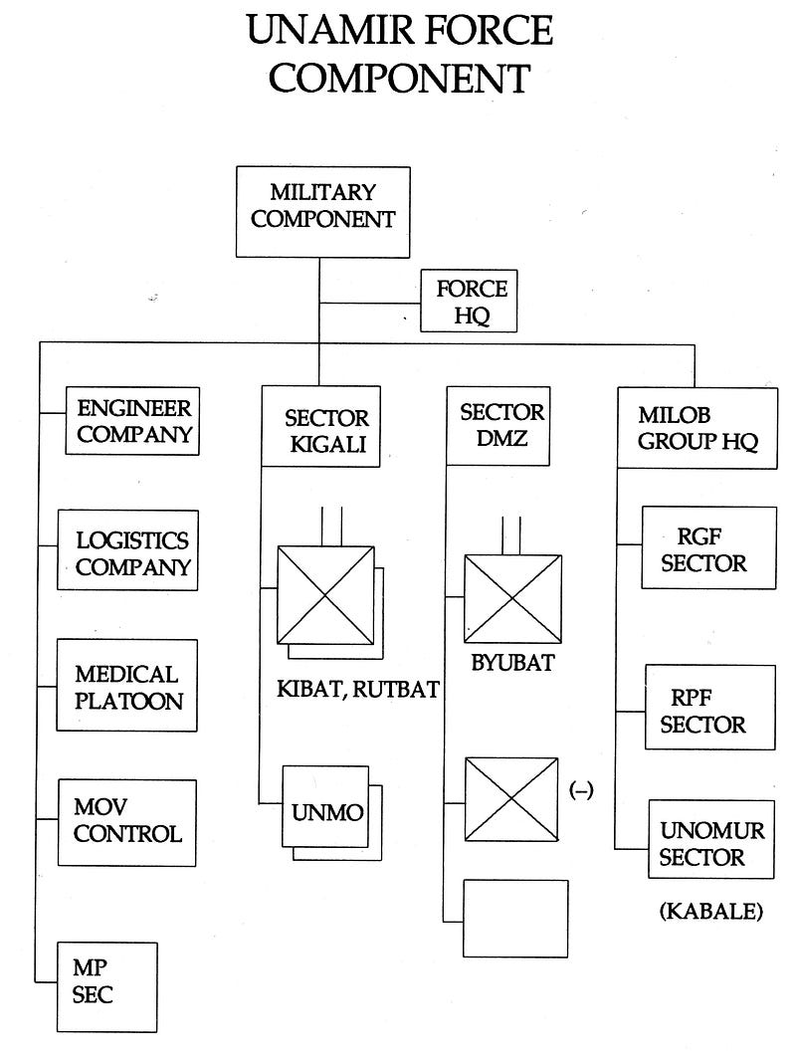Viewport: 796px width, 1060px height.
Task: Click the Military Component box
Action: point(323,212)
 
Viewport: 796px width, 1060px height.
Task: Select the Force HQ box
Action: point(469,301)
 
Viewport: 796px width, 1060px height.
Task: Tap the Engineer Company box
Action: point(132,420)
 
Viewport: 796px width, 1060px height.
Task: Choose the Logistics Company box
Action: point(127,550)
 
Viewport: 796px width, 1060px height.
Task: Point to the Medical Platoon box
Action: point(127,686)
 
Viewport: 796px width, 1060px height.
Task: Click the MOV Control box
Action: point(127,823)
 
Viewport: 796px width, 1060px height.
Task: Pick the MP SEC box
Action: point(106,987)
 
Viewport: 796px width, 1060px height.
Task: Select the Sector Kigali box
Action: point(321,427)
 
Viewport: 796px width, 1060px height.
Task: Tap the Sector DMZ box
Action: point(498,426)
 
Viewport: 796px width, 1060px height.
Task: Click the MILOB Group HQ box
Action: point(697,428)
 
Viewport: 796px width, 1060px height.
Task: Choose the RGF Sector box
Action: point(708,547)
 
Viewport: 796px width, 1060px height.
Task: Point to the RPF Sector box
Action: point(710,707)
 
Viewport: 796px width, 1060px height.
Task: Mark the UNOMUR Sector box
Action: point(711,839)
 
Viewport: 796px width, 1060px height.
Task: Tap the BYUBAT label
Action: point(512,663)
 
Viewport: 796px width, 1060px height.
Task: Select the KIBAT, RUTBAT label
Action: point(358,689)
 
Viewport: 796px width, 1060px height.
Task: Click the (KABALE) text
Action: point(710,912)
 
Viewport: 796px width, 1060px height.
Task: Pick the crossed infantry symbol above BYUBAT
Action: point(512,599)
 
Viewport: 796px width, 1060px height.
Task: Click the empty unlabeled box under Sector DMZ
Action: point(515,919)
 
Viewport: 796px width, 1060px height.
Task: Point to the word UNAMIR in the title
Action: point(329,31)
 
